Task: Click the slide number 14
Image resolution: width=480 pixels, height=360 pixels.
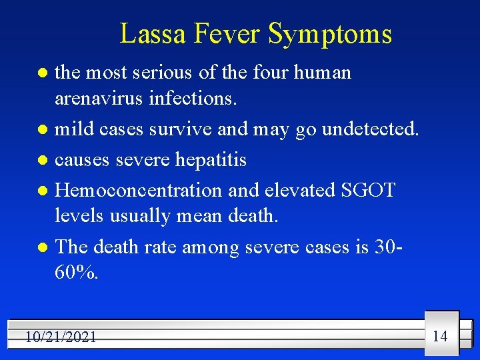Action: coord(440,335)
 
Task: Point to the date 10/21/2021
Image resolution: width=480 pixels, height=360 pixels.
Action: coord(61,337)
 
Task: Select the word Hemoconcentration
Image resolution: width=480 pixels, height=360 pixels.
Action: coord(139,190)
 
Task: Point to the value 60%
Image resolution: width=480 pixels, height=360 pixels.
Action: coord(77,273)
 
